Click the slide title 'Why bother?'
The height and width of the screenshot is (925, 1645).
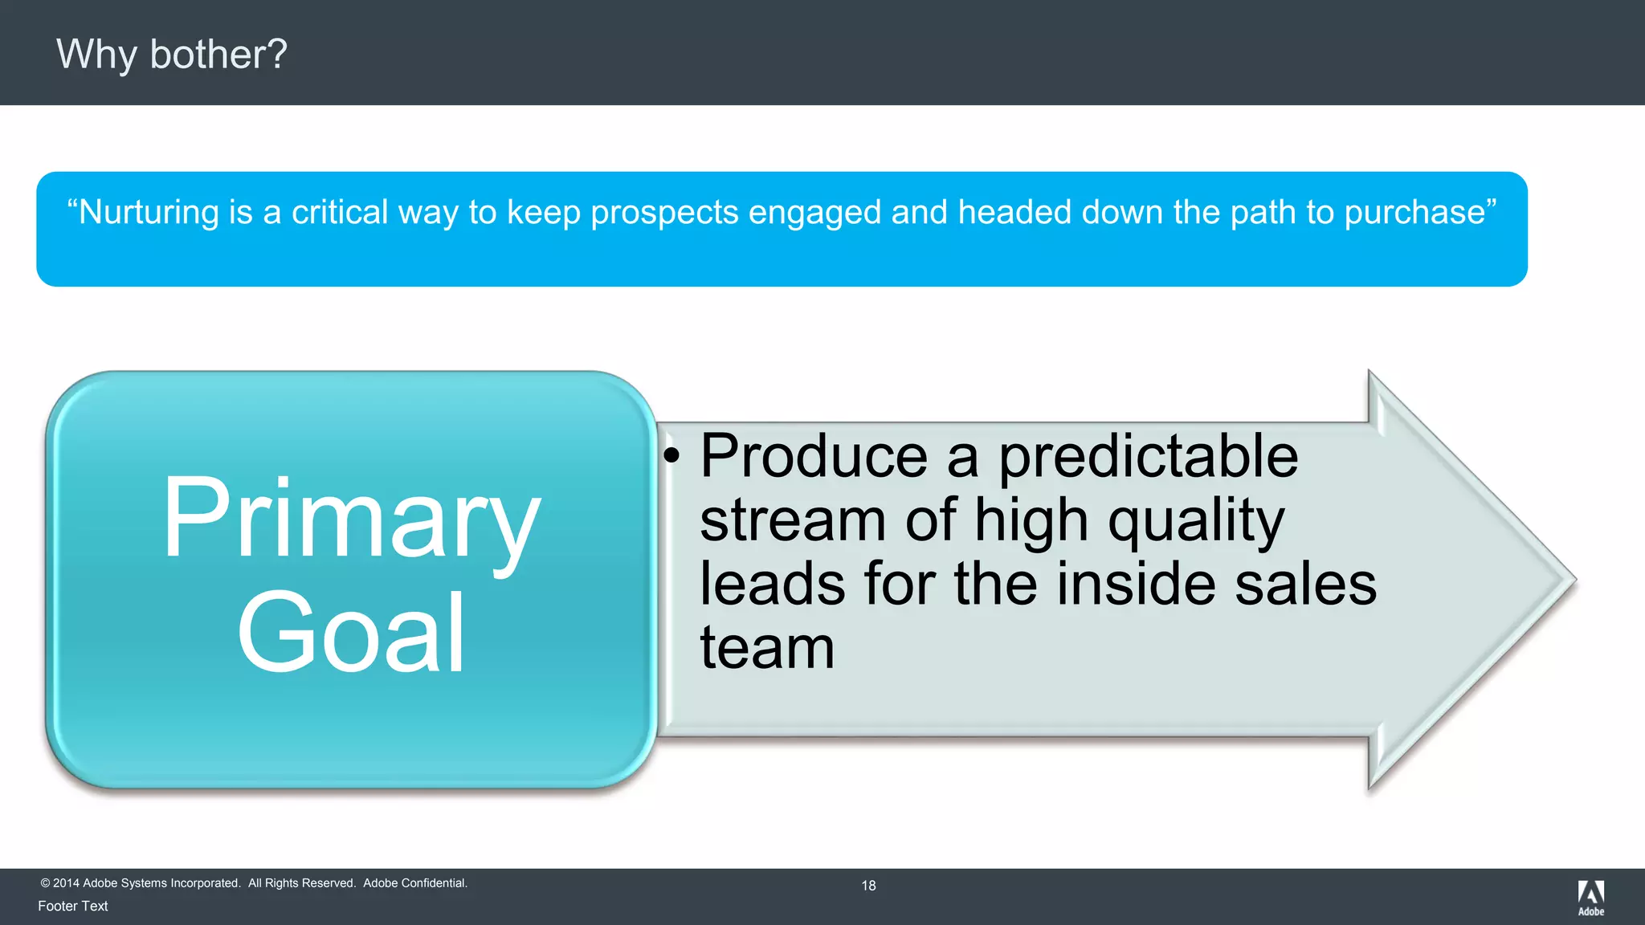[x=171, y=55]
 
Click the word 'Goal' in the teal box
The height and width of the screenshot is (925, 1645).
[x=351, y=633]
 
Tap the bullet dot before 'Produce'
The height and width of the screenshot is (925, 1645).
[x=671, y=456]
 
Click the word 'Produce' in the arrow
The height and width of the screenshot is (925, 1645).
[x=814, y=456]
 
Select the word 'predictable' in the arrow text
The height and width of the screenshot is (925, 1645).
[x=1148, y=458]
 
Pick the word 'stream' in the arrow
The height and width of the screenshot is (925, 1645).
[x=793, y=520]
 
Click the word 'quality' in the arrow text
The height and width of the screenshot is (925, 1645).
[x=1196, y=522]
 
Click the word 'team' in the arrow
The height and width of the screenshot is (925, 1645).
[x=767, y=647]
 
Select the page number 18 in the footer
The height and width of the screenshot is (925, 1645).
[x=868, y=886]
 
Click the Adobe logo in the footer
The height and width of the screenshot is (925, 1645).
[x=1590, y=897]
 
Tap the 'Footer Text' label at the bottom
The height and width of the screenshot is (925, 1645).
[x=73, y=906]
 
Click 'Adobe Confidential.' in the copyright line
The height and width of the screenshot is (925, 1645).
[x=415, y=883]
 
